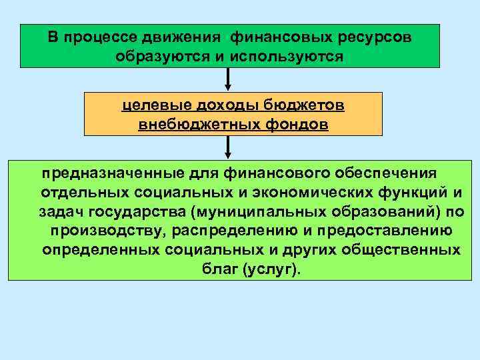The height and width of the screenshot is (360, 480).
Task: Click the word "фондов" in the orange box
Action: [295, 125]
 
